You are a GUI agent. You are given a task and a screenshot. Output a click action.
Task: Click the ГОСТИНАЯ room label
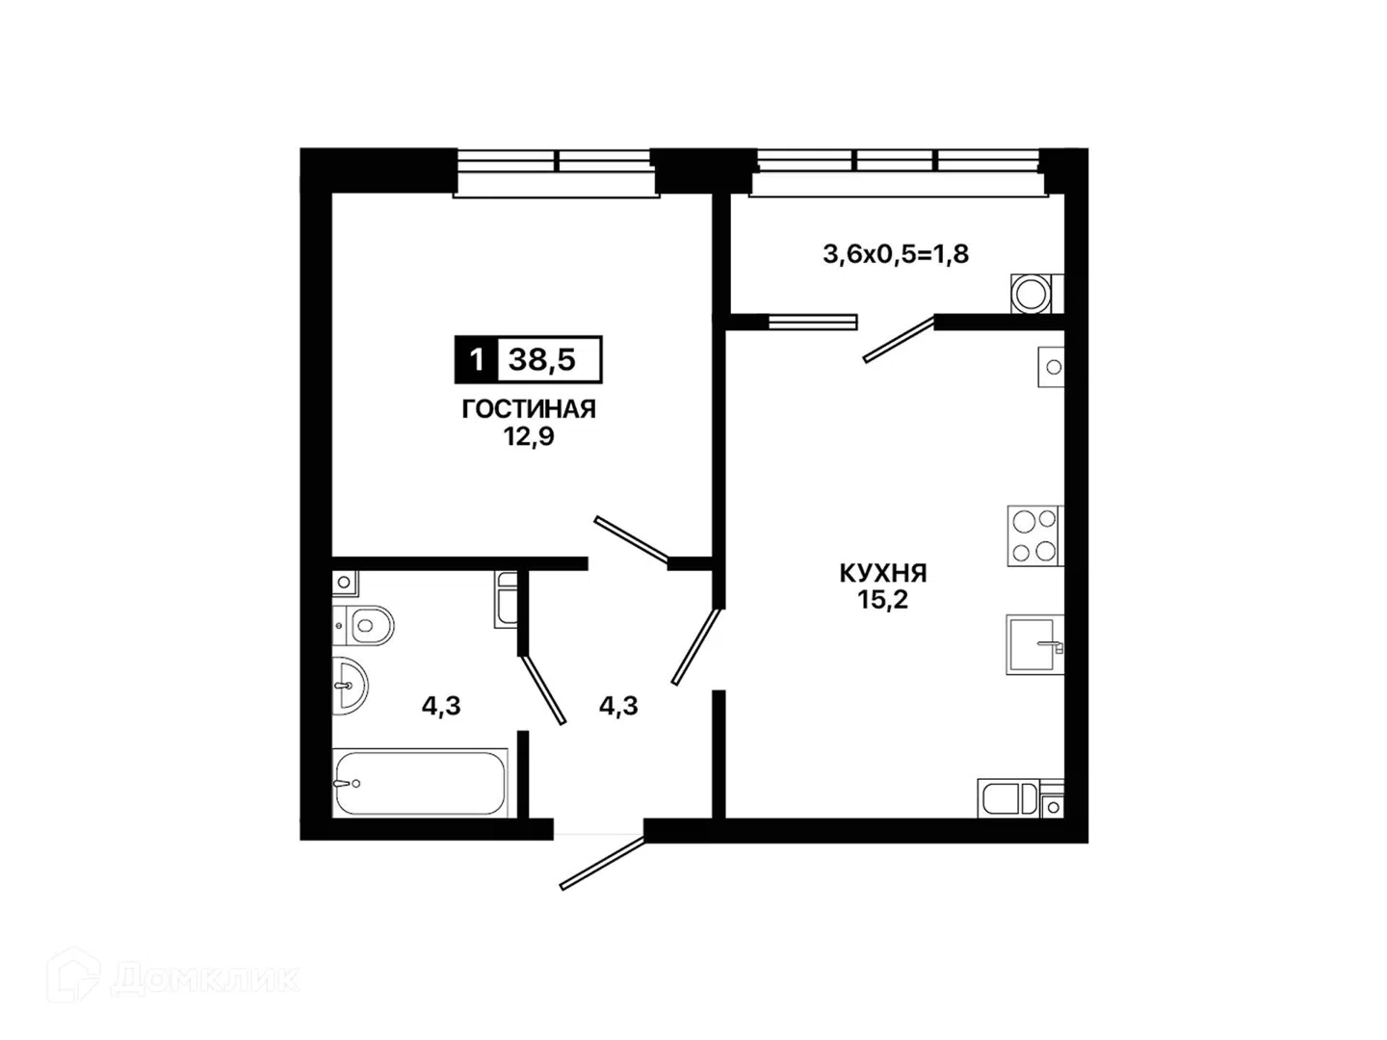tap(528, 409)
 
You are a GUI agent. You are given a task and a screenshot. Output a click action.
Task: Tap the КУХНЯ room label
tap(882, 573)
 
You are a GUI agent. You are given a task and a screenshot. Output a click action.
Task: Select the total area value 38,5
tap(542, 360)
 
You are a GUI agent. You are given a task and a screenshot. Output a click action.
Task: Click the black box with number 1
tap(477, 360)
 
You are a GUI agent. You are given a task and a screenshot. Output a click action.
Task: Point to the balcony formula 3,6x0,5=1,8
tap(896, 254)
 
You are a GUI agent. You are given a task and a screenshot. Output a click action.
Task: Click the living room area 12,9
tap(528, 436)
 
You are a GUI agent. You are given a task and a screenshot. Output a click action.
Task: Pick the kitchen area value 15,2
tap(882, 600)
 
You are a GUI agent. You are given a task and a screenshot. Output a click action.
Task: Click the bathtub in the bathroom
tap(420, 782)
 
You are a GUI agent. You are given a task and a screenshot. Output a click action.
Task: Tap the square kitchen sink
tap(1034, 644)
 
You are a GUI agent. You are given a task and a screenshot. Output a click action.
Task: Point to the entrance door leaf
tap(602, 862)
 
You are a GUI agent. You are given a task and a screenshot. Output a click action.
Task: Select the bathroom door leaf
tap(543, 689)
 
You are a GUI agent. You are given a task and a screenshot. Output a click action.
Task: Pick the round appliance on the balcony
tap(1032, 294)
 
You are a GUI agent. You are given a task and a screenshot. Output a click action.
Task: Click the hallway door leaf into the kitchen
tap(695, 646)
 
